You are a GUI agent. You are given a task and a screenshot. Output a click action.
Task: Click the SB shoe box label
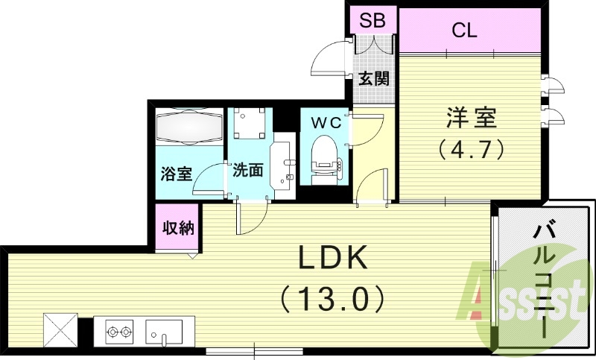tap(372, 21)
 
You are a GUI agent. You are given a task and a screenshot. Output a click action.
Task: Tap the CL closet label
tap(465, 31)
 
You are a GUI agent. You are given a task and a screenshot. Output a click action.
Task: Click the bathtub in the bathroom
tap(189, 129)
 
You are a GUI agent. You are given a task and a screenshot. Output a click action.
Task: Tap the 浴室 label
tap(177, 174)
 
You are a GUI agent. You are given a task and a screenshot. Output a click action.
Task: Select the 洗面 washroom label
tap(247, 171)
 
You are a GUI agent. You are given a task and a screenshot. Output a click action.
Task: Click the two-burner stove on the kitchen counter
tap(118, 329)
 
